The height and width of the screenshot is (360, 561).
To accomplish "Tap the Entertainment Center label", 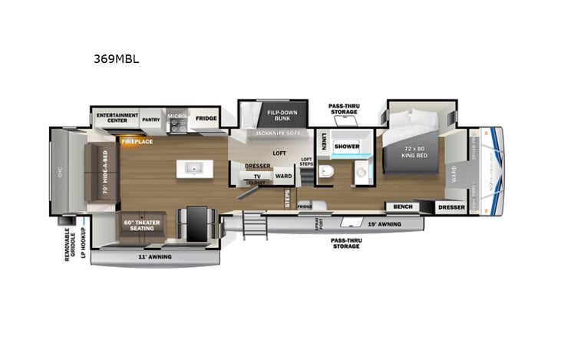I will point(117,118).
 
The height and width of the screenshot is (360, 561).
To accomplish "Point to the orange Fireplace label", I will point(136,141).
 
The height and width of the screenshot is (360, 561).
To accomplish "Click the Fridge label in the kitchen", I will point(205,119).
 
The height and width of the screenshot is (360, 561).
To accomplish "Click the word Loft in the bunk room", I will point(279,153).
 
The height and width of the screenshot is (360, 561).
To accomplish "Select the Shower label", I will point(347,146).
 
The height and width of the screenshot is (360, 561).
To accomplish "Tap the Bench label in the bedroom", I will point(402,206).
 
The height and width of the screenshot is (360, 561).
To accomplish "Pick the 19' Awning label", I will point(384,224).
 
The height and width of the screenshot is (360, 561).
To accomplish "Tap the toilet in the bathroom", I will point(326,171).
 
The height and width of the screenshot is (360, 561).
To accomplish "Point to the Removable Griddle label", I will point(68,243).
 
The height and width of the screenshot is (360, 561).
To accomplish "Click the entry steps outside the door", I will point(252,226).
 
